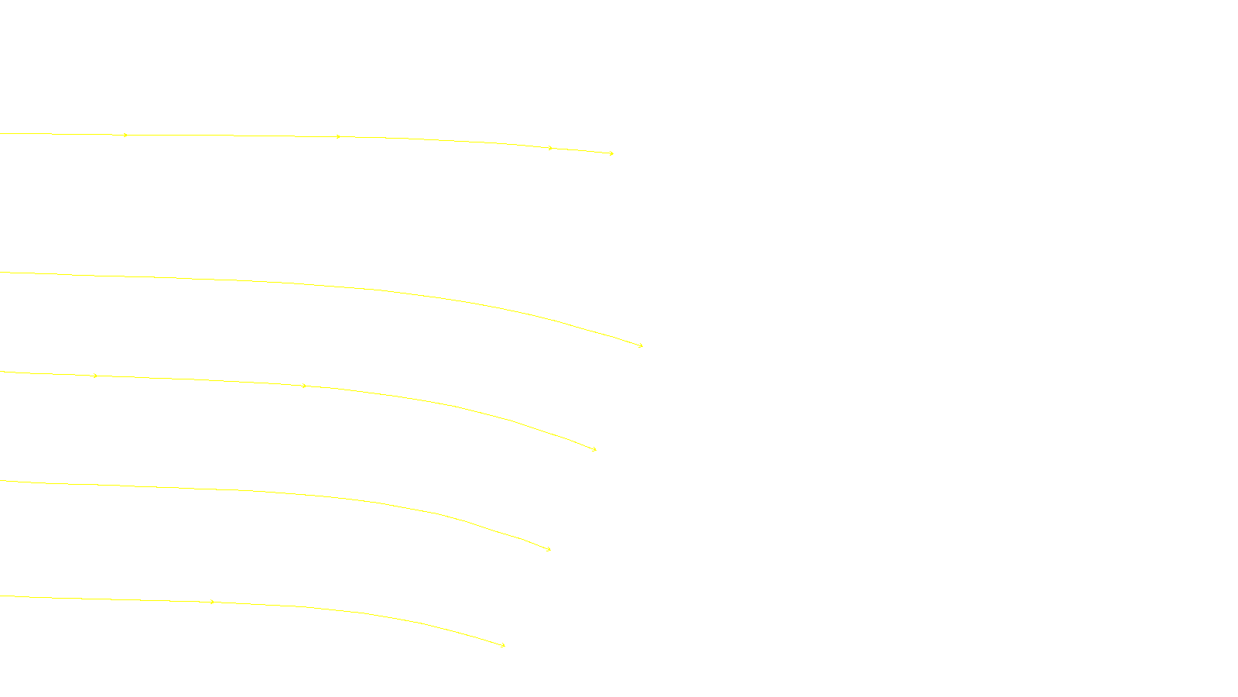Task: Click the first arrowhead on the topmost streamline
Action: pyautogui.click(x=125, y=136)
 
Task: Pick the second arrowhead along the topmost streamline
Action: pyautogui.click(x=338, y=137)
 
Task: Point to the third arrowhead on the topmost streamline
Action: pyautogui.click(x=550, y=148)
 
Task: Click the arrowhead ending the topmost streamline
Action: pyautogui.click(x=611, y=153)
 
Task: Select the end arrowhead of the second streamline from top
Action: pyautogui.click(x=641, y=345)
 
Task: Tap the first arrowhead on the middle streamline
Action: pyautogui.click(x=95, y=376)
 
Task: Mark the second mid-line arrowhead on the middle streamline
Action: pyautogui.click(x=304, y=386)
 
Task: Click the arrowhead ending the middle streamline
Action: pyautogui.click(x=594, y=449)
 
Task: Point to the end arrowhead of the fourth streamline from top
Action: pyautogui.click(x=549, y=549)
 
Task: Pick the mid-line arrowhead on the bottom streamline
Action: pyautogui.click(x=212, y=602)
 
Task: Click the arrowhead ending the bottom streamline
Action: pyautogui.click(x=503, y=645)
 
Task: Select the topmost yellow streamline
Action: pyautogui.click(x=232, y=136)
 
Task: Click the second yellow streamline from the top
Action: pyautogui.click(x=232, y=280)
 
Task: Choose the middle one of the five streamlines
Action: pyautogui.click(x=193, y=379)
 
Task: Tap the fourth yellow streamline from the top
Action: pyautogui.click(x=193, y=488)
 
